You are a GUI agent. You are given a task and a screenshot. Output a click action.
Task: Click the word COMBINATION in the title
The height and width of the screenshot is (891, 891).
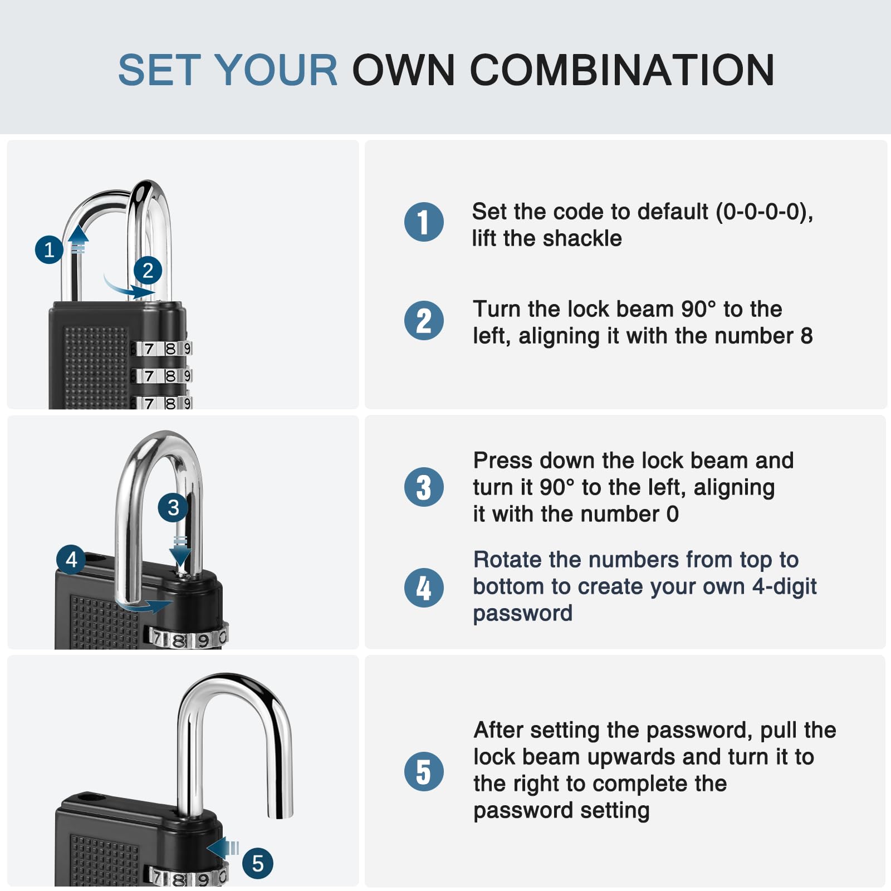point(622,70)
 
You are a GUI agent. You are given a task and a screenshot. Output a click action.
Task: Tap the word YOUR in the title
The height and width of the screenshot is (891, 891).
point(276,70)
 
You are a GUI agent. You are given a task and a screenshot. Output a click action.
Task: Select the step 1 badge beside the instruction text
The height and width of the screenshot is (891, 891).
point(424,222)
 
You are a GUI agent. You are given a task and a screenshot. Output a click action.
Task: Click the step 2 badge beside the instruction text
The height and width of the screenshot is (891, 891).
point(424,320)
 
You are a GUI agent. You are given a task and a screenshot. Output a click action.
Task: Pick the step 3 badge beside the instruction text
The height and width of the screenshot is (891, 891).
point(424,487)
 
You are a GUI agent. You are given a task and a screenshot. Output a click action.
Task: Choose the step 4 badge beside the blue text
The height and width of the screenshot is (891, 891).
point(424,588)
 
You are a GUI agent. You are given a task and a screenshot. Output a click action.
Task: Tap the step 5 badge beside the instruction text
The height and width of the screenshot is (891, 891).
point(424,771)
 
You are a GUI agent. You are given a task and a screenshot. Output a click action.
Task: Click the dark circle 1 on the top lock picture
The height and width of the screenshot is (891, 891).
point(49,249)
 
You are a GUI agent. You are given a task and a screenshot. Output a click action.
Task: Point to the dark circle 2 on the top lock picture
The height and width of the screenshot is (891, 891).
point(148,271)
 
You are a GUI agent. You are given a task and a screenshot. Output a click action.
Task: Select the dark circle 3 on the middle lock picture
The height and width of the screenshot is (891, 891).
point(173,507)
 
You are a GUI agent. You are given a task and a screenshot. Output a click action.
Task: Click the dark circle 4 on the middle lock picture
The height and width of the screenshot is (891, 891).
point(71,559)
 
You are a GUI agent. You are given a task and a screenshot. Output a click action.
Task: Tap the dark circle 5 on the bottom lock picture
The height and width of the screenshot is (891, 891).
point(257,863)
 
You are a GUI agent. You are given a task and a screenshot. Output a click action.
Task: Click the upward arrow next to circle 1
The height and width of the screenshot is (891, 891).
point(79,239)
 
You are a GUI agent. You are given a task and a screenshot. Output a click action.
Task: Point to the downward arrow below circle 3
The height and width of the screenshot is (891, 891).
point(180,551)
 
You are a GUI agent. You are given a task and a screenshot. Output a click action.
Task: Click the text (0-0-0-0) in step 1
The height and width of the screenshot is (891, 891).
point(764,212)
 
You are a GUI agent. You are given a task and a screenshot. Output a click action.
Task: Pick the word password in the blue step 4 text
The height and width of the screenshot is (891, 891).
point(522,614)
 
